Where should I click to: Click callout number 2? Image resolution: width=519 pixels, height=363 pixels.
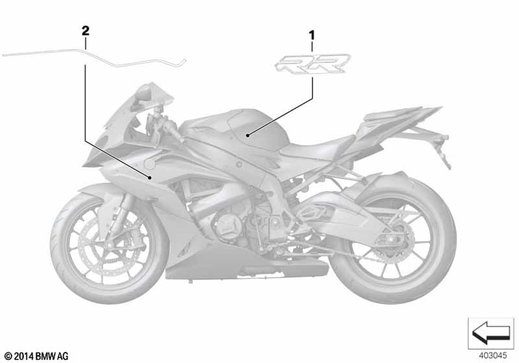(x=85, y=31)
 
